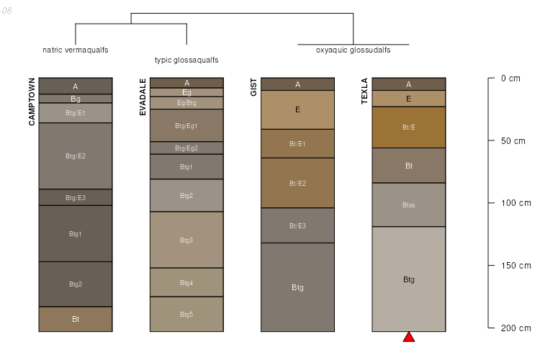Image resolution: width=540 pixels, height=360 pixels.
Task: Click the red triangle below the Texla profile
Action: [x=408, y=337]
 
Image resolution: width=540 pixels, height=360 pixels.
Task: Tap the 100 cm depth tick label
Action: [x=516, y=203]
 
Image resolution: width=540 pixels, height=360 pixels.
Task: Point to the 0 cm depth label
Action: [x=510, y=78]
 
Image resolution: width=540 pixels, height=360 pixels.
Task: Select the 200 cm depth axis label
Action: [x=516, y=328]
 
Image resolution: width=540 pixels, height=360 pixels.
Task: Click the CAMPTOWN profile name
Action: [x=32, y=102]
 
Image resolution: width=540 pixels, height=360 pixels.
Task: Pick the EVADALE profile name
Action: [x=143, y=96]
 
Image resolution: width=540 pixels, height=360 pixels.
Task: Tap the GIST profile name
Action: [x=253, y=88]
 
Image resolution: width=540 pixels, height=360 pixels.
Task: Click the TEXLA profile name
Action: [x=364, y=91]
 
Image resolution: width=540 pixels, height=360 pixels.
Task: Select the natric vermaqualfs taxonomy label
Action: [x=76, y=50]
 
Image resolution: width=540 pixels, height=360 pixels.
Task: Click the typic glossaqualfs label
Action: [x=186, y=60]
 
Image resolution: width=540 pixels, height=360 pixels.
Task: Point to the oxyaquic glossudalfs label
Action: [x=353, y=50]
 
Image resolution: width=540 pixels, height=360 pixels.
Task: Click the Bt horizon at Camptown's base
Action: [x=76, y=319]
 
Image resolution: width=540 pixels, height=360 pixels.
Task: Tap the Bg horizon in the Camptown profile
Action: [x=76, y=99]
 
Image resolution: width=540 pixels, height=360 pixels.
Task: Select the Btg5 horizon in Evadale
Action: [x=186, y=314]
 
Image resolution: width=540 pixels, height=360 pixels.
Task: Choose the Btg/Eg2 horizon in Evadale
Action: [x=186, y=148]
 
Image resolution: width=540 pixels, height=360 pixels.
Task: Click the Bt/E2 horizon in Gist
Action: [x=297, y=183]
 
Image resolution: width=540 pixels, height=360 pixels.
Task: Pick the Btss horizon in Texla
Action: [x=408, y=205]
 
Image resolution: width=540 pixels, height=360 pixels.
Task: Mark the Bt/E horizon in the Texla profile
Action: [x=408, y=127]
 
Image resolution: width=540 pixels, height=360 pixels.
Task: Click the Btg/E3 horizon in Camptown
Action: [x=76, y=197]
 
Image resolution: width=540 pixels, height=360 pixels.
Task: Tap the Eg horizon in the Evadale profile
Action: [x=186, y=92]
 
